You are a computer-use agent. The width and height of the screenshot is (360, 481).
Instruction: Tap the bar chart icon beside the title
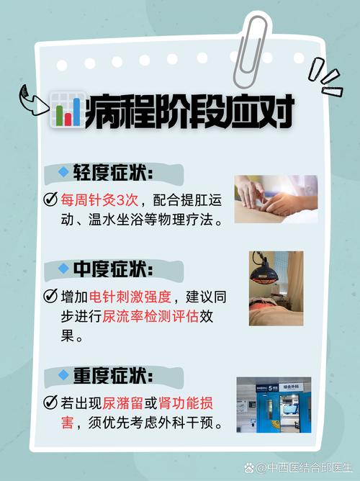pyautogui.click(x=66, y=109)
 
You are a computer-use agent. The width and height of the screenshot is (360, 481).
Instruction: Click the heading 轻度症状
pyautogui.click(x=114, y=173)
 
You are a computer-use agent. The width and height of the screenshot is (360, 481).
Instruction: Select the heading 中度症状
pyautogui.click(x=114, y=269)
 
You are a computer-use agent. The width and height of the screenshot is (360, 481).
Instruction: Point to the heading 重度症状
pyautogui.click(x=114, y=376)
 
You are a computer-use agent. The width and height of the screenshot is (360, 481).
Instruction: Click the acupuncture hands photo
pyautogui.click(x=276, y=199)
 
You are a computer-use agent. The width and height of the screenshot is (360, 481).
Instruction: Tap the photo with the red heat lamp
pyautogui.click(x=276, y=289)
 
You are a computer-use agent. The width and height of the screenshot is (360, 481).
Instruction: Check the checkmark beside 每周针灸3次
pyautogui.click(x=50, y=199)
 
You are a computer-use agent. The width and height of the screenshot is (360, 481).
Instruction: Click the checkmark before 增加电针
pyautogui.click(x=50, y=296)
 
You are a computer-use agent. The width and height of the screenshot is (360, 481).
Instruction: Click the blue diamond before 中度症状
pyautogui.click(x=63, y=269)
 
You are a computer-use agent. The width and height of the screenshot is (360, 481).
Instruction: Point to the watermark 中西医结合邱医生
pyautogui.click(x=297, y=467)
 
